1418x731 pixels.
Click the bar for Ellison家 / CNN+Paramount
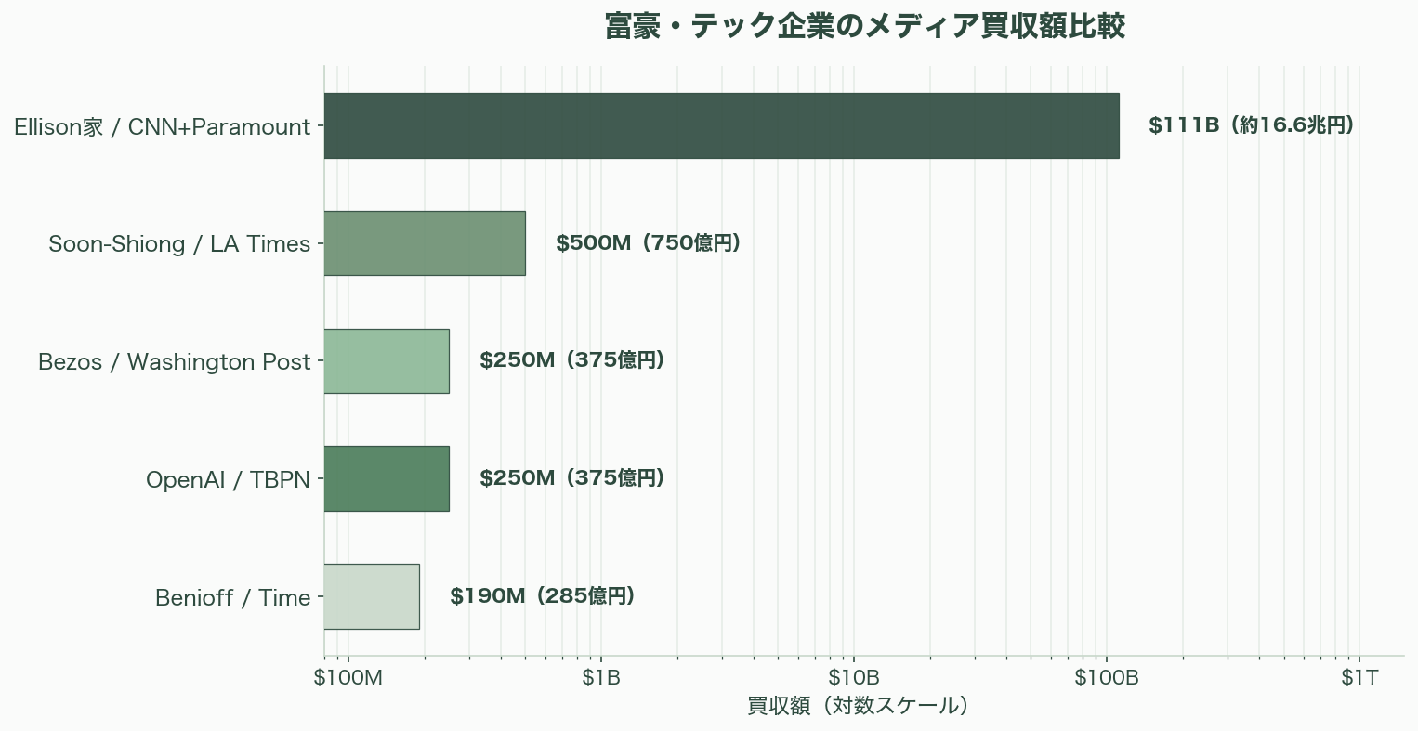(x=721, y=125)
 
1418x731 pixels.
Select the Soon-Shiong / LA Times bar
(x=425, y=243)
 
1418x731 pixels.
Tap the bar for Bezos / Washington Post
(x=387, y=361)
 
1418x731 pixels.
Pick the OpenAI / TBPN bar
(x=387, y=478)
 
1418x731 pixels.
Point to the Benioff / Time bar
(x=372, y=596)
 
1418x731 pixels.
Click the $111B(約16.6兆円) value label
(x=1251, y=125)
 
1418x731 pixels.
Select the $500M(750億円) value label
(x=648, y=243)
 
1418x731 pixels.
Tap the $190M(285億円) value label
(x=542, y=596)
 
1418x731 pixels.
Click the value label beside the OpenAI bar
(x=571, y=478)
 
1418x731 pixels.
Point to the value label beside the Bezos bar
(x=571, y=360)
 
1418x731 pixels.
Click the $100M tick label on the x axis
(x=348, y=678)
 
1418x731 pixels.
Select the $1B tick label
(x=601, y=678)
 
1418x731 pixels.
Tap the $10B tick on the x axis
(x=854, y=678)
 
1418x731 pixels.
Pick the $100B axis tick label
(x=1107, y=678)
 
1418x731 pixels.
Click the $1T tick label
(x=1359, y=678)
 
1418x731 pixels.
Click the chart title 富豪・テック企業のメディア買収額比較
(x=864, y=27)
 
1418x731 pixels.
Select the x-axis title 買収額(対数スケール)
(x=859, y=706)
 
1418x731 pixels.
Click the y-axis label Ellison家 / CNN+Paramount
(x=162, y=127)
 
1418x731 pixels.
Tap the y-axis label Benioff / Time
(x=232, y=597)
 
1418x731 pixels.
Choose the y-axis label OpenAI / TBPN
(x=228, y=480)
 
